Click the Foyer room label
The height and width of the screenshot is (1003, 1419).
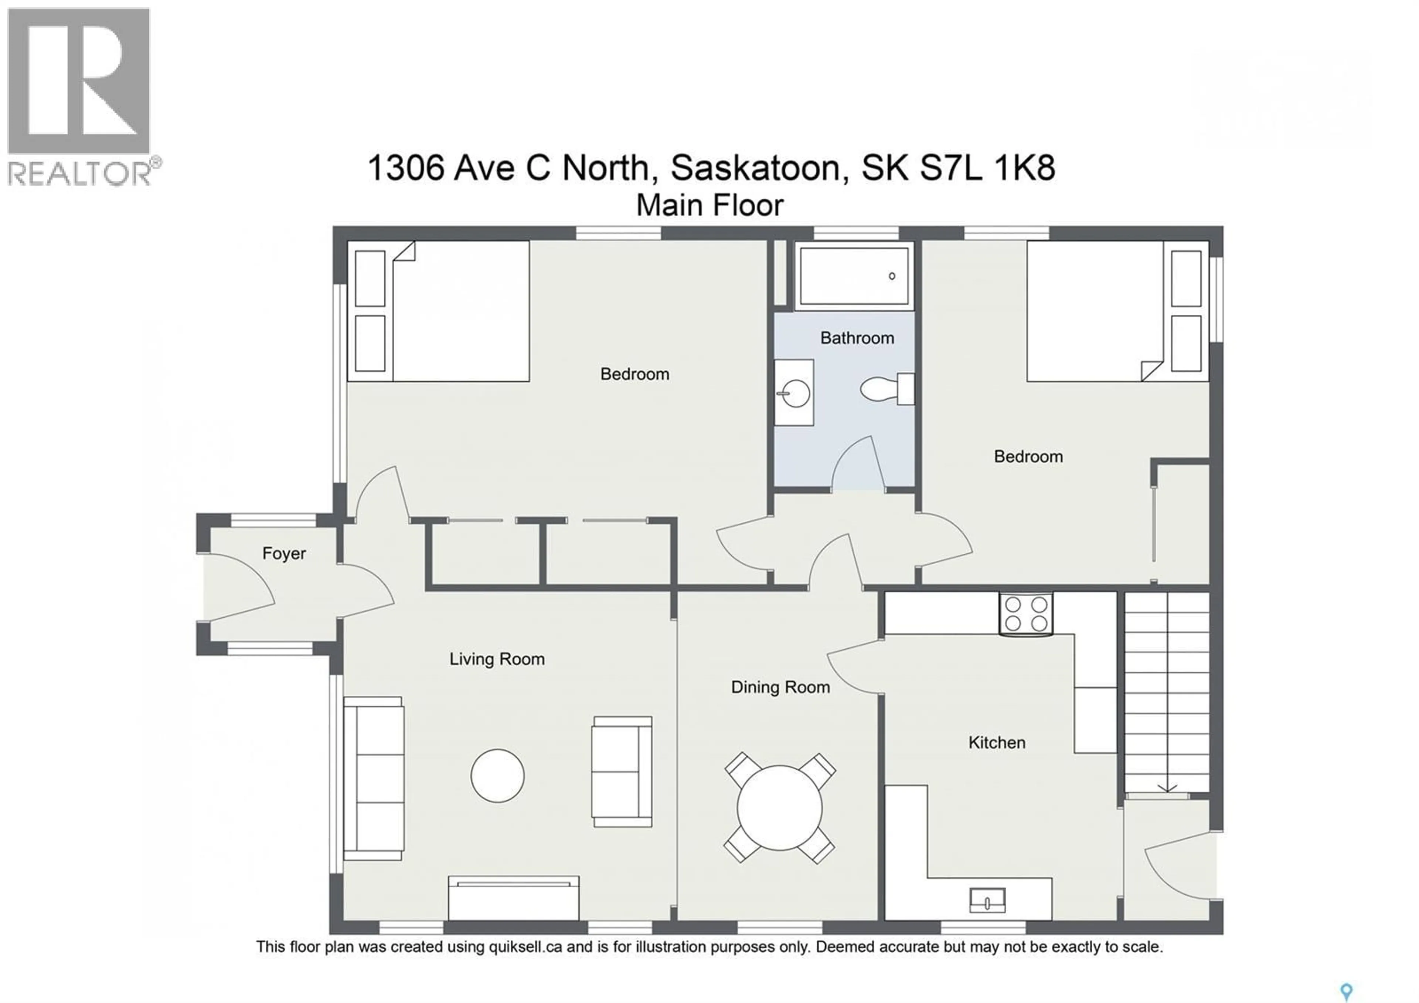click(284, 553)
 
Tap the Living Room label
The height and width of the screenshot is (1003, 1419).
click(497, 659)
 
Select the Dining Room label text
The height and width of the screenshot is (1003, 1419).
click(780, 687)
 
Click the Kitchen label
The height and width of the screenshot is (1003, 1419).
click(996, 743)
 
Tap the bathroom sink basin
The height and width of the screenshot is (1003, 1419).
click(795, 393)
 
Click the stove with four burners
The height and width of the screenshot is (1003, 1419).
click(1026, 614)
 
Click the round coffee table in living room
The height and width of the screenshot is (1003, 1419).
click(497, 776)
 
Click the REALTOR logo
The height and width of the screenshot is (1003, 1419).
click(79, 96)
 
